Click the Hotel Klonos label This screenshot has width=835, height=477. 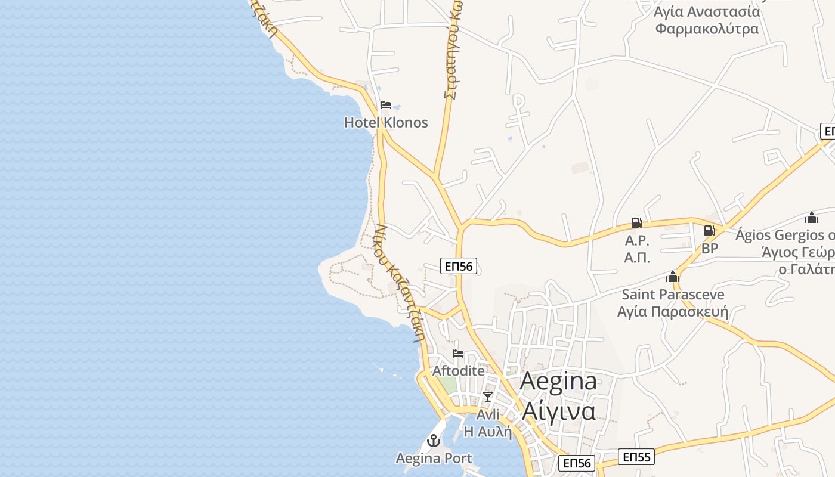386,123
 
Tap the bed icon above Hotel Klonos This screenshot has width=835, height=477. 386,106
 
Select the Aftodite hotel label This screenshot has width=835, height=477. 458,371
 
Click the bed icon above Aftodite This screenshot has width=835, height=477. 458,354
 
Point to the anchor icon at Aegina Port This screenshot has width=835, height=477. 434,441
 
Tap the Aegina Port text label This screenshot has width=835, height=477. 434,459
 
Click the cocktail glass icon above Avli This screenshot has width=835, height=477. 488,397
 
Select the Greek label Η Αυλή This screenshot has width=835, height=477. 488,432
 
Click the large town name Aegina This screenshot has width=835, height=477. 558,382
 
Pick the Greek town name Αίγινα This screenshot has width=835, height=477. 558,411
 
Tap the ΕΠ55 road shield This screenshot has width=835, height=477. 636,457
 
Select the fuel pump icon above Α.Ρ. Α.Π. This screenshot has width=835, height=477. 637,224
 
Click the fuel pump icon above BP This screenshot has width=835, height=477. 709,231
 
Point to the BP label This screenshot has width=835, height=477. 710,248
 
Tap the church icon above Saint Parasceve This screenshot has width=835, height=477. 673,277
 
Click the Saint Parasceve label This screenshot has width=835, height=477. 673,295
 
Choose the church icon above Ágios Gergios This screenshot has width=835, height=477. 811,218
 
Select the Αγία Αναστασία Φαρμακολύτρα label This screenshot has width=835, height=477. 707,20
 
